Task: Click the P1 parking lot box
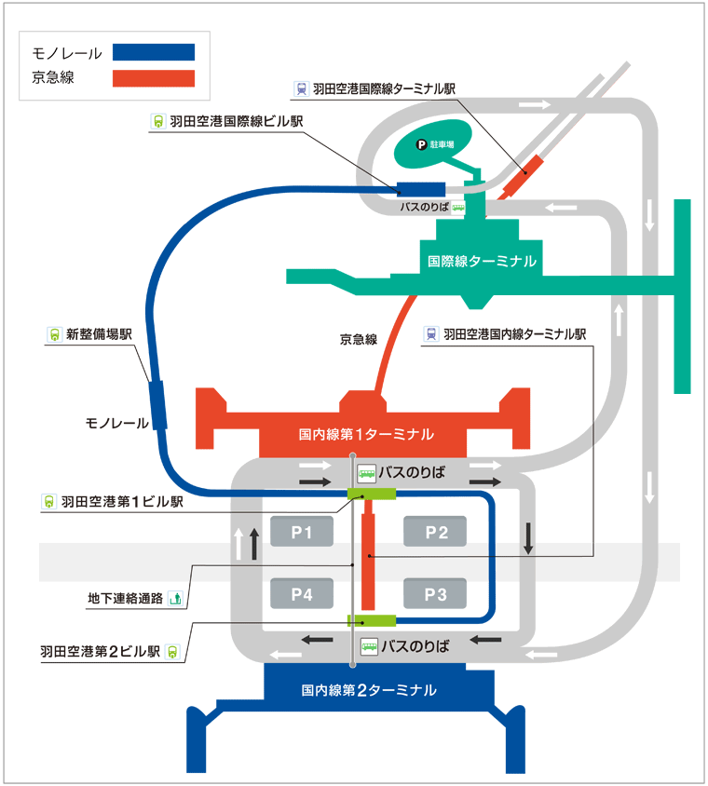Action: click(x=301, y=532)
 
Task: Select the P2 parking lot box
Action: click(x=436, y=532)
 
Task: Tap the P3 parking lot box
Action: click(x=436, y=592)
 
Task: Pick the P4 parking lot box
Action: click(x=301, y=592)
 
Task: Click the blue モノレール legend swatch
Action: click(x=154, y=52)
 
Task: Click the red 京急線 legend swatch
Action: click(x=154, y=78)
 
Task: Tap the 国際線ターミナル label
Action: click(x=481, y=262)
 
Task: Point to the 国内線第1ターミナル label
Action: click(x=366, y=434)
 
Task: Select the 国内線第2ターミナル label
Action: click(x=369, y=690)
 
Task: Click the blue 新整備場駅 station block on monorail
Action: click(x=157, y=405)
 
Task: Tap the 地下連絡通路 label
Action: click(x=125, y=600)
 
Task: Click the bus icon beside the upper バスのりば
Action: click(x=368, y=473)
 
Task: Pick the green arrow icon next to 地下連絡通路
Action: click(x=175, y=600)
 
